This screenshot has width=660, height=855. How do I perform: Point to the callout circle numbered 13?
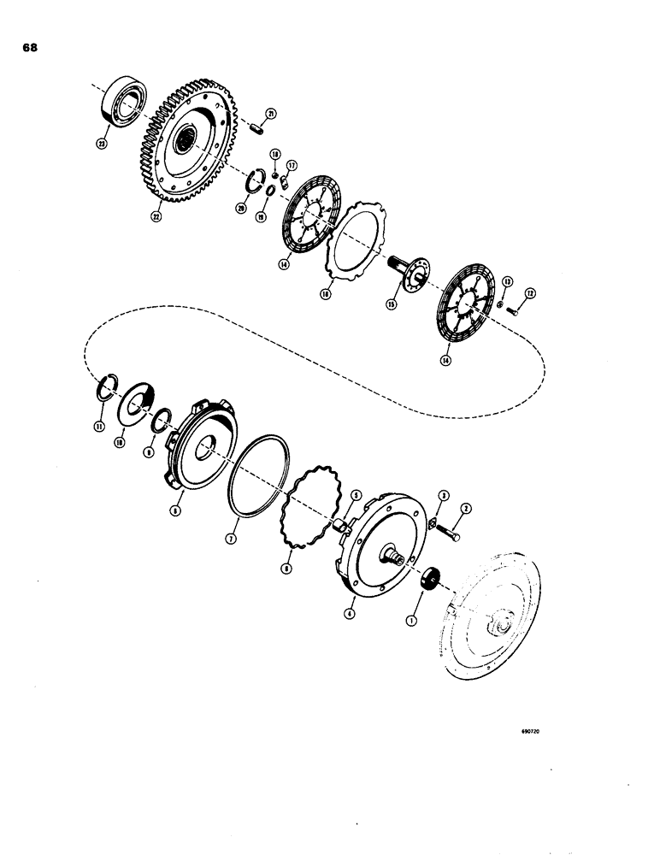click(x=505, y=280)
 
